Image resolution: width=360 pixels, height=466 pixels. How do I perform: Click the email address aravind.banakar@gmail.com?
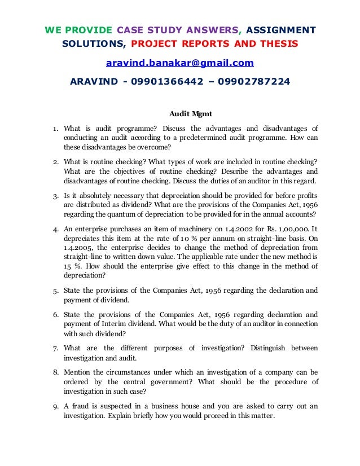[179, 63]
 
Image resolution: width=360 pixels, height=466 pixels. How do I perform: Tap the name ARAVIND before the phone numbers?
[94, 82]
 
